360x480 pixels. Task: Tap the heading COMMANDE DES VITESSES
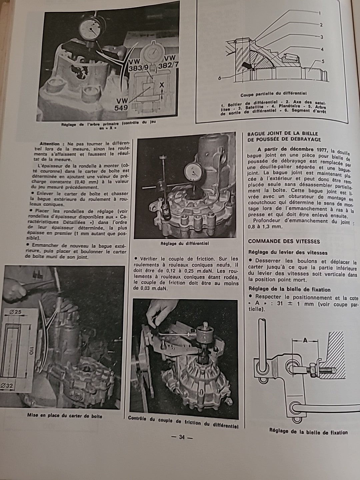coord(284,241)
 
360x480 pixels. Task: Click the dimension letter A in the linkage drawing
coord(305,340)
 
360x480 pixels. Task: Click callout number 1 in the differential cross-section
coord(319,14)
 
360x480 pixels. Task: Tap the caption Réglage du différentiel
coord(184,243)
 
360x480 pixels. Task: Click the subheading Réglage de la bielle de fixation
coord(289,289)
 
